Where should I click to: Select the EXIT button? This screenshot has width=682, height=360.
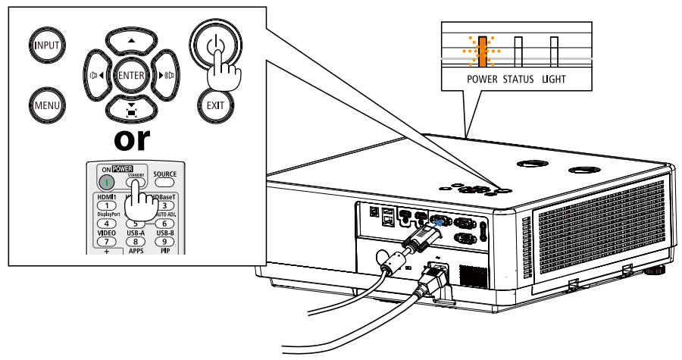click(215, 104)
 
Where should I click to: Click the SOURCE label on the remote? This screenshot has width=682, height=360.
click(164, 174)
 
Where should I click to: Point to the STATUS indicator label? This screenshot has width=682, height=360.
click(518, 79)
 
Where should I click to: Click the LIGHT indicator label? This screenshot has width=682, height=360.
click(554, 79)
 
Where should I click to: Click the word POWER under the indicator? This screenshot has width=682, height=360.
click(481, 79)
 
